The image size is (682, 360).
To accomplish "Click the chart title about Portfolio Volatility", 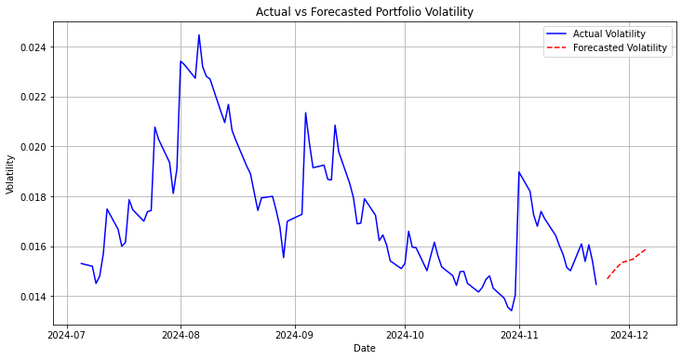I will [x=365, y=12].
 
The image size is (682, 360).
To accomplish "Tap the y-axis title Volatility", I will [x=11, y=174].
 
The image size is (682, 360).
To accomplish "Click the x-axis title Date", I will [x=365, y=348].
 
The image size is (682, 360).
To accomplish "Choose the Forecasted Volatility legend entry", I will [x=621, y=47].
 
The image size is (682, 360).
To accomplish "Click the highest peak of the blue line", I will [x=199, y=35].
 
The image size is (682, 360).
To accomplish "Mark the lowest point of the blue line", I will [x=512, y=311].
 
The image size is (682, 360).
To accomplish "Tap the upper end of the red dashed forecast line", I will [x=645, y=249].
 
